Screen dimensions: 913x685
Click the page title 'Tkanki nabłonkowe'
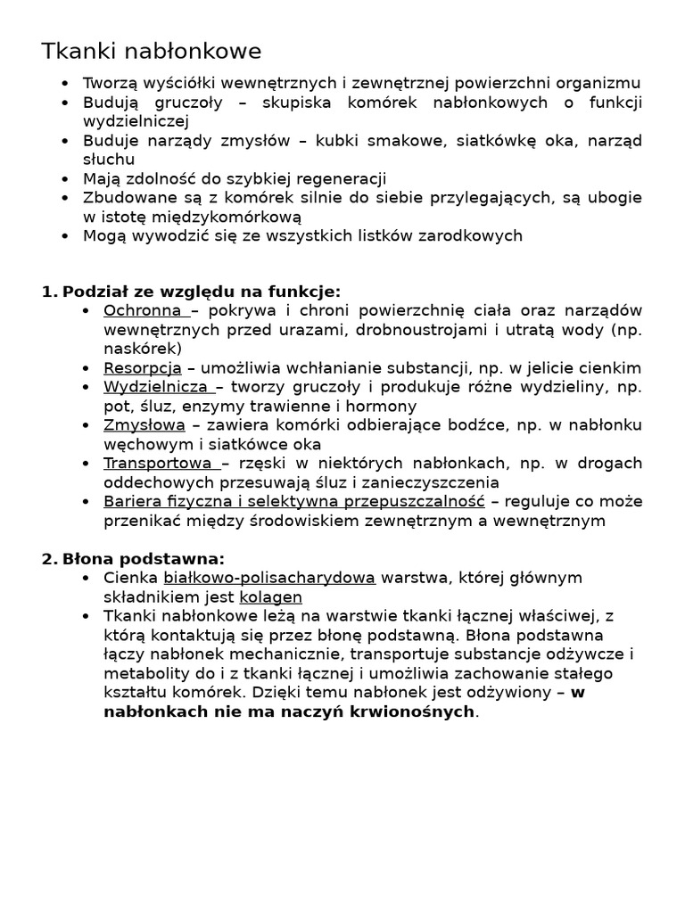click(152, 52)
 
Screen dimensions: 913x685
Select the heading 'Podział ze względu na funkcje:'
click(202, 292)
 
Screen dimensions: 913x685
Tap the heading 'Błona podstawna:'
click(144, 559)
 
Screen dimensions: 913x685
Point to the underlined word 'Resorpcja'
click(143, 367)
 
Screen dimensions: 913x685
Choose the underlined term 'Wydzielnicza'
click(156, 387)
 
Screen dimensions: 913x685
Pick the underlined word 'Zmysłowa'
click(144, 425)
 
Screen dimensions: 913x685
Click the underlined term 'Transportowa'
click(158, 463)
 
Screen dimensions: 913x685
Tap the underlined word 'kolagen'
click(270, 597)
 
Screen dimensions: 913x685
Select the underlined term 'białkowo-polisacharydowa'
click(269, 578)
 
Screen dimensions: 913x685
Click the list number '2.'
click(49, 559)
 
